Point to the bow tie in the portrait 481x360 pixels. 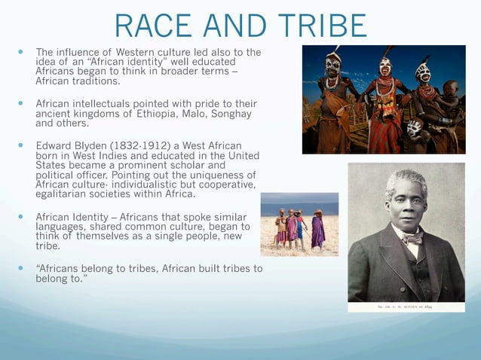(x=412, y=238)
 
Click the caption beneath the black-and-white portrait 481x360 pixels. (x=406, y=307)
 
